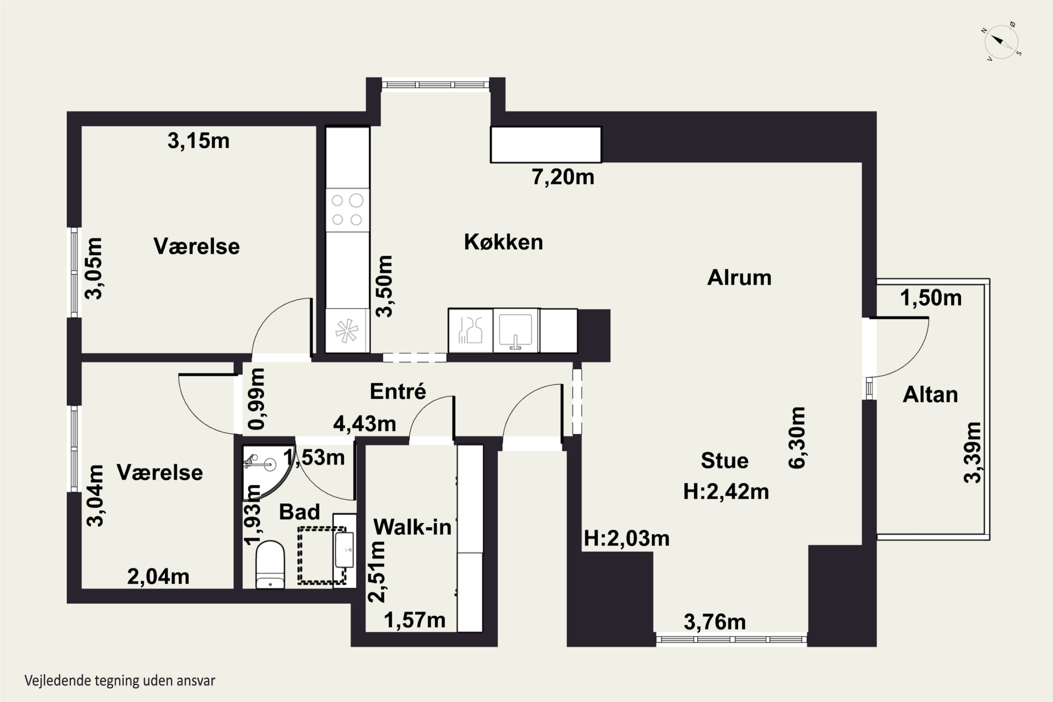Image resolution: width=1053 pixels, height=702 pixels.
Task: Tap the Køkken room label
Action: coord(503,242)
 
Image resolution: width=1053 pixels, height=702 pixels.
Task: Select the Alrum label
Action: coord(739,278)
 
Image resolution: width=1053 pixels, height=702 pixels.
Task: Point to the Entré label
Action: coord(398,391)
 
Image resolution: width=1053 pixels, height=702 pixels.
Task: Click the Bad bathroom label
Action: coord(299,512)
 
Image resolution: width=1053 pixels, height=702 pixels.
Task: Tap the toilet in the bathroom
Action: coord(270,564)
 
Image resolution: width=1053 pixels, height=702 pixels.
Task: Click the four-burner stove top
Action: coord(347,210)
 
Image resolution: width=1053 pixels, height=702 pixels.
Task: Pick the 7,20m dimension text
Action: coord(563,177)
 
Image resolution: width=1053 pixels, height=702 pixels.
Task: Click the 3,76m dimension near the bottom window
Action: coord(715,622)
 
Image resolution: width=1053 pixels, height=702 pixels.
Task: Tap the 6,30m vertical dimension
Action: coord(797,437)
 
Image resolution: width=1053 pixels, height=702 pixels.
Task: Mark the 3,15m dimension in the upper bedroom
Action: coord(198,141)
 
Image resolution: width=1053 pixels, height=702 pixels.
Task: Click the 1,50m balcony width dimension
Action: coord(931,298)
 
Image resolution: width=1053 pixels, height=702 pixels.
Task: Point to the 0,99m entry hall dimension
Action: coord(257,398)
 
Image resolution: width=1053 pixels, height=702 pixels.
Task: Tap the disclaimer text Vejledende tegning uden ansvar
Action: coord(120,681)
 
